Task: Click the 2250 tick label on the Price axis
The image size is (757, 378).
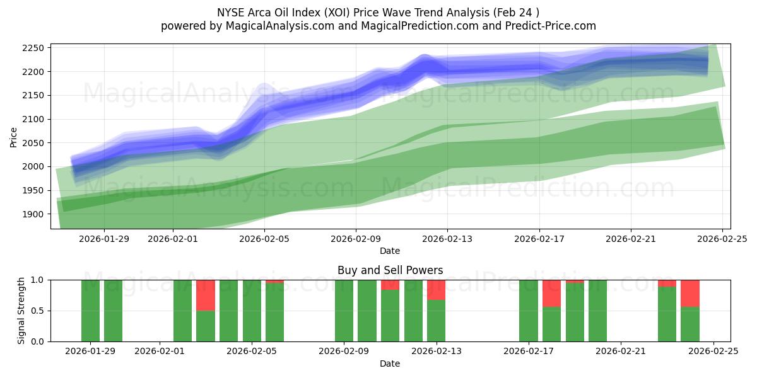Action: coord(33,48)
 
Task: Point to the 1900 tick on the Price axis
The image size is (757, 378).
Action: coord(33,214)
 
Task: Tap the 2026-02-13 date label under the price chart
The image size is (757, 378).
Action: coord(447,239)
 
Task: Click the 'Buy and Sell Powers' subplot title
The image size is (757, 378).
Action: coord(390,270)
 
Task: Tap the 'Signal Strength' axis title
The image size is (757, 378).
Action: coord(21,311)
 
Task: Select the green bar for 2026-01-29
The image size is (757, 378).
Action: coord(90,311)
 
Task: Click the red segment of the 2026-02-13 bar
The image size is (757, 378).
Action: coord(436,289)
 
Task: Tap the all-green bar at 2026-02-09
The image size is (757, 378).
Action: coord(344,311)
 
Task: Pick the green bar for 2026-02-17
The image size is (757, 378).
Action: coord(528,311)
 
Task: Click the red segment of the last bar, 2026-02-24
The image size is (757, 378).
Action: coord(690,293)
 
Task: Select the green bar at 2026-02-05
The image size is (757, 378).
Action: coord(252,311)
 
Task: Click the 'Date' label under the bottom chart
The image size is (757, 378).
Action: coord(390,364)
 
